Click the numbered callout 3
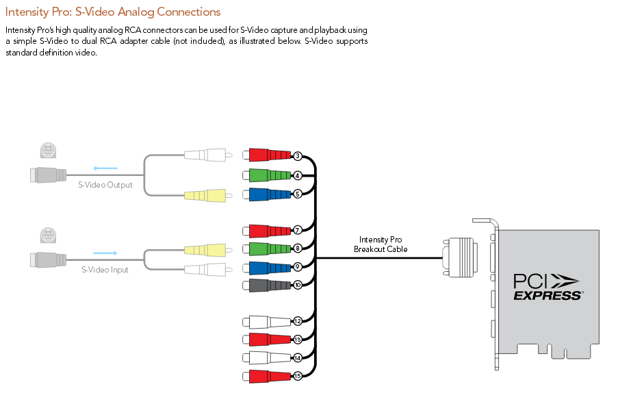[x=298, y=156]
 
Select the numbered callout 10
[x=298, y=284]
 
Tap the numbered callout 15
[x=298, y=376]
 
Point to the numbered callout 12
[x=298, y=320]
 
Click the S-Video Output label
[x=105, y=185]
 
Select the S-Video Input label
[x=105, y=270]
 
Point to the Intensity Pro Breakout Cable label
[x=381, y=244]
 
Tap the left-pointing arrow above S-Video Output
[x=105, y=168]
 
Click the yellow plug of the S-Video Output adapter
[x=204, y=196]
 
